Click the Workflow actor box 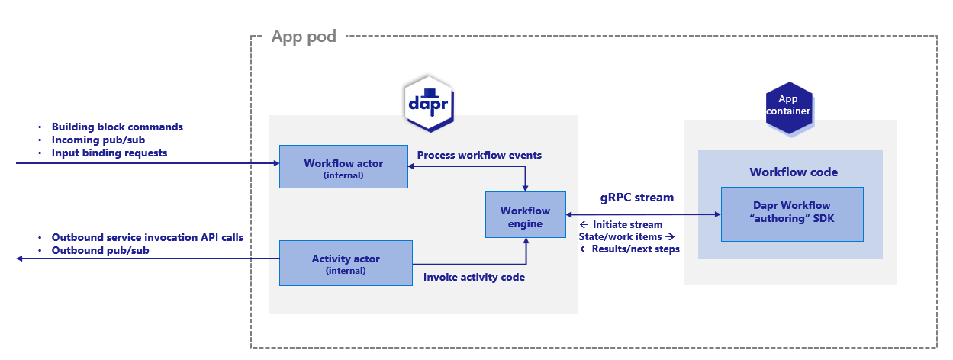[x=343, y=166]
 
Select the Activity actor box [x=345, y=263]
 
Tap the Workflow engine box [x=526, y=217]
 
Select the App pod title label [x=304, y=37]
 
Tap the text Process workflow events [x=479, y=155]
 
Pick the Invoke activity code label [x=474, y=277]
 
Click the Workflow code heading [x=794, y=172]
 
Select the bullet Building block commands [x=117, y=127]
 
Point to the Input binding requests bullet [x=109, y=153]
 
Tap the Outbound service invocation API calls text [x=147, y=237]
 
